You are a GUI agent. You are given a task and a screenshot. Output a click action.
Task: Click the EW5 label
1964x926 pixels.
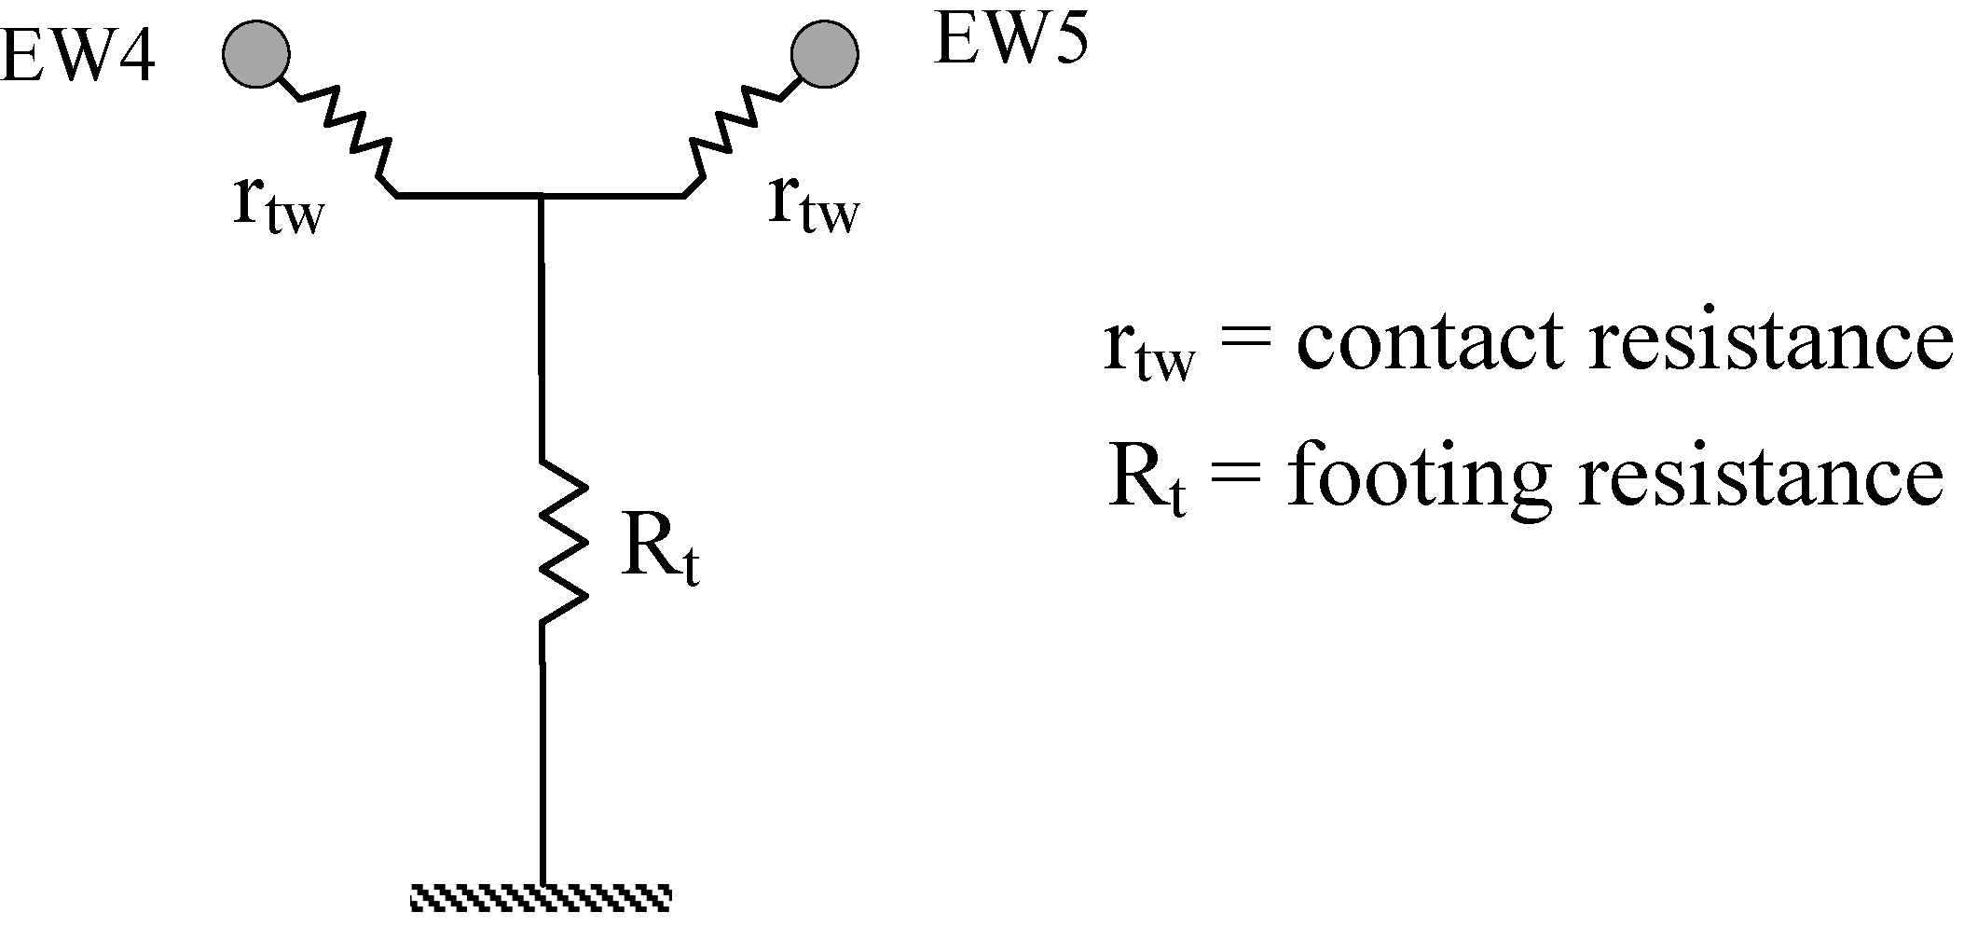click(x=1010, y=41)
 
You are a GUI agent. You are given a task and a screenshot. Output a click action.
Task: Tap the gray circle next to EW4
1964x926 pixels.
click(x=256, y=55)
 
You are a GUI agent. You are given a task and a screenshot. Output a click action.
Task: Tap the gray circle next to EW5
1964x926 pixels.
click(x=824, y=55)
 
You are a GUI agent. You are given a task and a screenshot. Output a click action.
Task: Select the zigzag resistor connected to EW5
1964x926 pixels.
click(x=736, y=131)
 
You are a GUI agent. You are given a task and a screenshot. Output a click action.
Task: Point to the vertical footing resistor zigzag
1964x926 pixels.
click(x=562, y=541)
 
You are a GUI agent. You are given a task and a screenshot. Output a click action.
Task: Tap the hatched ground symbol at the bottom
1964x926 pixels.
click(x=542, y=898)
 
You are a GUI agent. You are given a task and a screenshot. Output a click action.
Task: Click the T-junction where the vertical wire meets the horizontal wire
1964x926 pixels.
click(x=541, y=196)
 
